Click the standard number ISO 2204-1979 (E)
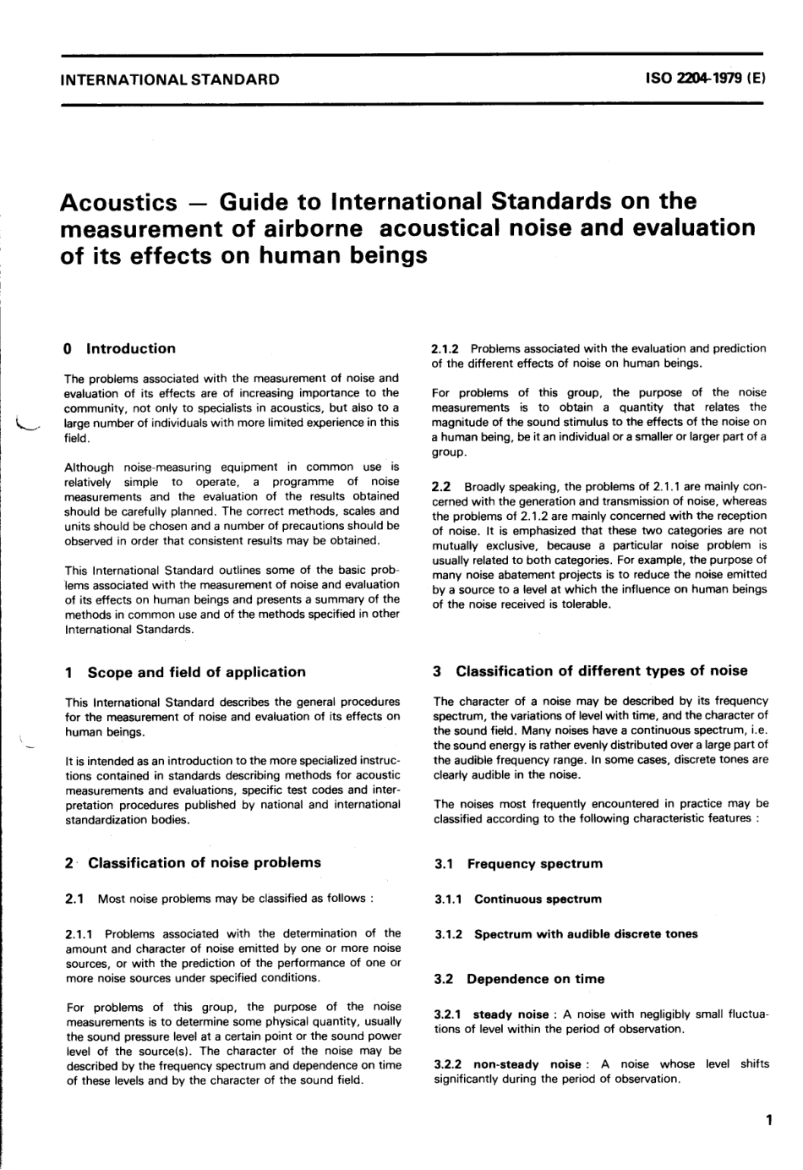point(705,79)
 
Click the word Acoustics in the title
point(119,203)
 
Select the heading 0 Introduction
point(119,348)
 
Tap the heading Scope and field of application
point(196,672)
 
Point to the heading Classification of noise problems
point(204,863)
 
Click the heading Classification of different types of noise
point(601,671)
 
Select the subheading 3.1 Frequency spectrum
point(518,864)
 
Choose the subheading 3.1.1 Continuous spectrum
point(518,899)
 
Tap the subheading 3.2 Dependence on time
point(519,979)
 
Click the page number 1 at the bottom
point(767,1122)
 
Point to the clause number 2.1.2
point(445,348)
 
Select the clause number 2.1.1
point(79,933)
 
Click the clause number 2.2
point(441,487)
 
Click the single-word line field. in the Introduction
point(78,437)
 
